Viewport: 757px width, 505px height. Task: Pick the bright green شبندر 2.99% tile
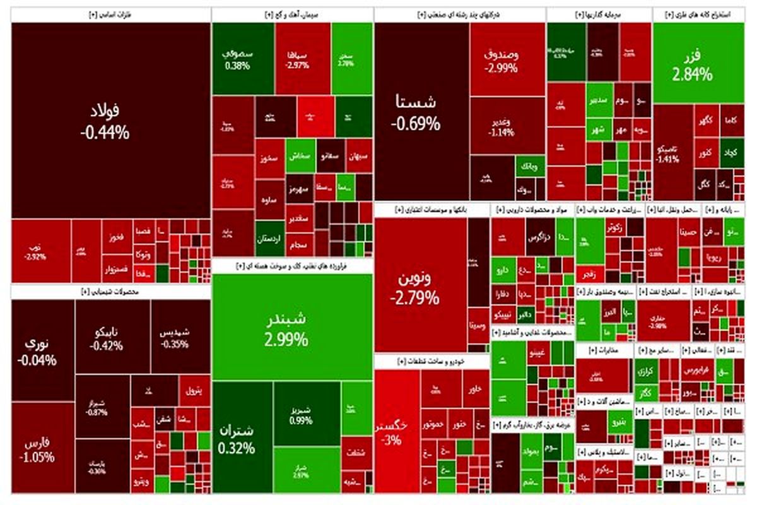click(292, 327)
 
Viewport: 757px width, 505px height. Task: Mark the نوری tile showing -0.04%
click(42, 350)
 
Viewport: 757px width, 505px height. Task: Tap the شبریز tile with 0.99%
click(302, 413)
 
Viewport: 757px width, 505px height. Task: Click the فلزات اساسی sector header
click(110, 15)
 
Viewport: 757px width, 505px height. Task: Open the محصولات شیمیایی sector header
click(110, 292)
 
